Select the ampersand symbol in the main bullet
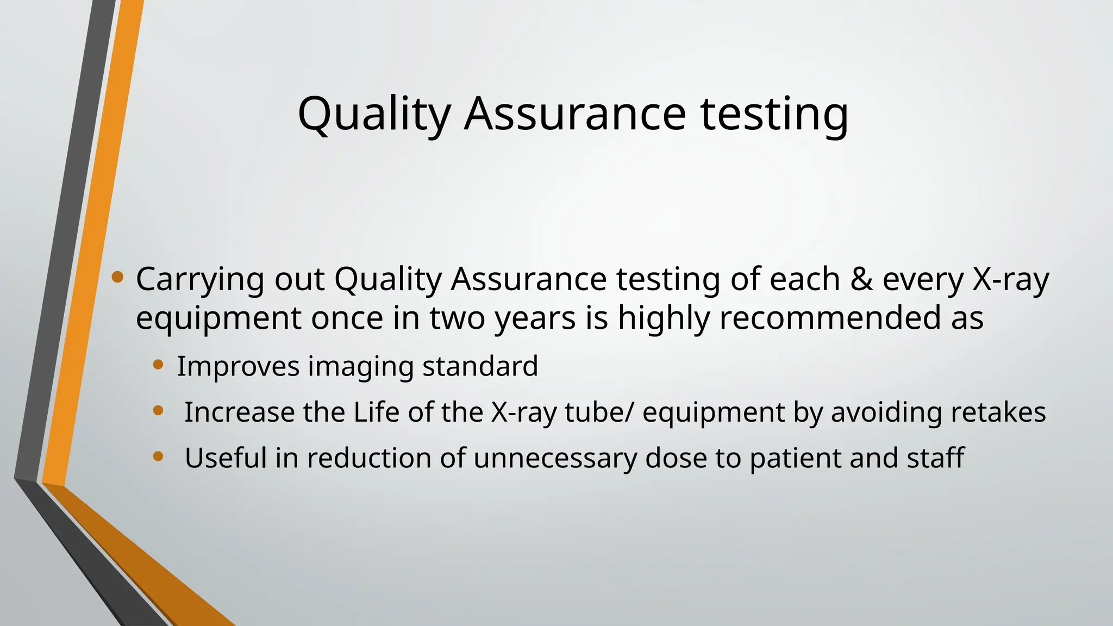860,279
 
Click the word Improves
238,366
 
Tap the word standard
480,366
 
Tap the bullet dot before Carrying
117,278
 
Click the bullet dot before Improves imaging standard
158,365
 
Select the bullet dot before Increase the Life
158,411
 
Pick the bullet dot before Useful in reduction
158,456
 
